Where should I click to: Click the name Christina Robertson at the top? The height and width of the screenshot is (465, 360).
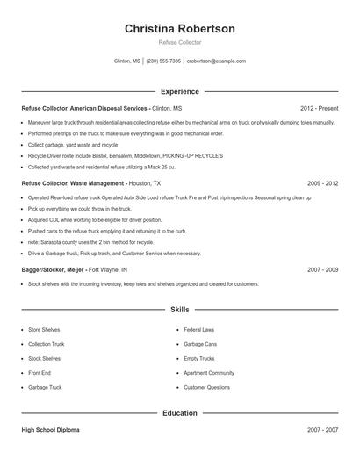[179, 29]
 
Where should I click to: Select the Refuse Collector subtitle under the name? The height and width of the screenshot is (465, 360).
[179, 42]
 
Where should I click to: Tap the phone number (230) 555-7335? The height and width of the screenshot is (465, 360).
[163, 61]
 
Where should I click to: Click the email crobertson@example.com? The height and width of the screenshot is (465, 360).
[216, 61]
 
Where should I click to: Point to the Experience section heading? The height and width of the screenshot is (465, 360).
[179, 91]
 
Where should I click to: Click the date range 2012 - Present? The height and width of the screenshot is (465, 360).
[319, 108]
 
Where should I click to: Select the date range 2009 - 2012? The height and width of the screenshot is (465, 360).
[322, 184]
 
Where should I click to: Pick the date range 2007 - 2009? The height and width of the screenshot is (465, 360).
[322, 270]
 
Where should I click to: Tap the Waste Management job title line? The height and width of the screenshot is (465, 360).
[91, 184]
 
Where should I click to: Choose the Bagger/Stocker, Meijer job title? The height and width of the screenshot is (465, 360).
[75, 270]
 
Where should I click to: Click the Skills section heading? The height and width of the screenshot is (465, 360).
[179, 310]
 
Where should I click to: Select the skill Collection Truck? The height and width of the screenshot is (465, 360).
[46, 344]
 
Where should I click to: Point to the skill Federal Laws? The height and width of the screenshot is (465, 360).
[198, 330]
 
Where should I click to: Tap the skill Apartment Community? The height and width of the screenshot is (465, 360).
[209, 372]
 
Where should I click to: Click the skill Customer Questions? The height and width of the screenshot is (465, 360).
[206, 387]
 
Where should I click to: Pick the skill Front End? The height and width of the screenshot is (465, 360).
[40, 372]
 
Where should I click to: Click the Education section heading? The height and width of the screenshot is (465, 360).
[179, 412]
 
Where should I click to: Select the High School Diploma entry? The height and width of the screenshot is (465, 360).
[51, 431]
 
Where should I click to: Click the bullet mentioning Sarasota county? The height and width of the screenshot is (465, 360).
[90, 241]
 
